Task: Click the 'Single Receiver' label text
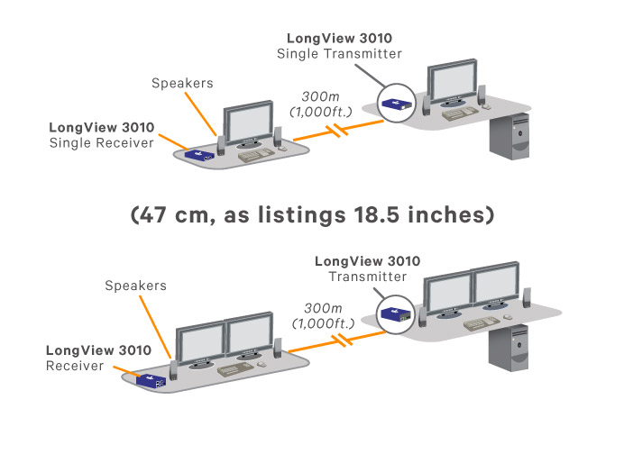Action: [102, 144]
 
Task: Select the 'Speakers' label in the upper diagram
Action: [182, 83]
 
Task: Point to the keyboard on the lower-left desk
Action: [238, 370]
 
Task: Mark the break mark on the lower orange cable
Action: [342, 340]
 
